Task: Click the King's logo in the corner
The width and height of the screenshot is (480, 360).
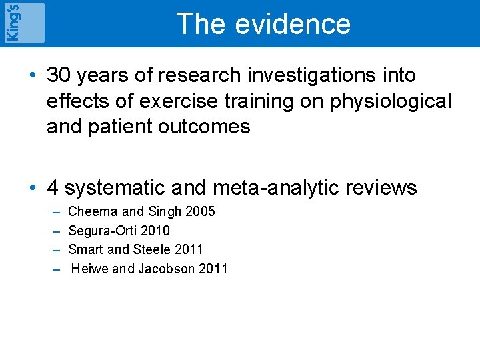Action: coord(24,23)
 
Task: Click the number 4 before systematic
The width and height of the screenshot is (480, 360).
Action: coord(53,189)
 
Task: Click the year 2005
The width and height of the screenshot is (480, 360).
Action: coord(200,212)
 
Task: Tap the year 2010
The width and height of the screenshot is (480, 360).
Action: coord(156,231)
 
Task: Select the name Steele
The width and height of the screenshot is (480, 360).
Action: coord(152,249)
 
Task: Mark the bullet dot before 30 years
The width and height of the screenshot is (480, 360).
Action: coord(33,76)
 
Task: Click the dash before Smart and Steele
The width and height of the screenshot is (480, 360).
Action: coord(55,249)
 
